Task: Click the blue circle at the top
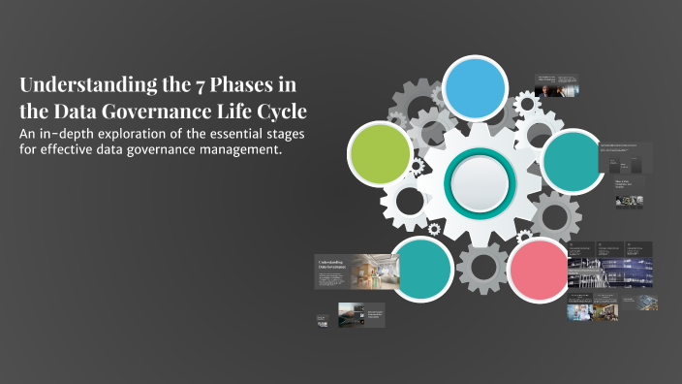[x=475, y=87]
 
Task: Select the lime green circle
[x=380, y=154]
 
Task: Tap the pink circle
[x=540, y=267]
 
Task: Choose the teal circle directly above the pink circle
[x=573, y=158]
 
